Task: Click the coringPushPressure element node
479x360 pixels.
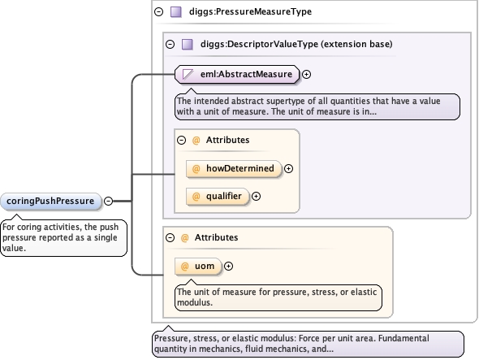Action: point(50,202)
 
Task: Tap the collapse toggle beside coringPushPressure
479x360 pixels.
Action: point(108,201)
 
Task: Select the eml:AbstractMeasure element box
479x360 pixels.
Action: point(237,74)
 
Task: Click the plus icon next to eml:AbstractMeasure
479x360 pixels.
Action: point(306,74)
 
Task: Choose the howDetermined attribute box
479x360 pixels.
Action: point(233,168)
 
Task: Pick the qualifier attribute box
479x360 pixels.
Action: point(218,197)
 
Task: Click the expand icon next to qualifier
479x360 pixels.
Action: point(256,197)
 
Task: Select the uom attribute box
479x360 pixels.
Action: point(198,266)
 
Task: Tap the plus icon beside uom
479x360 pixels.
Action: point(228,266)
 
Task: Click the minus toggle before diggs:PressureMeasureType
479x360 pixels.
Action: point(159,12)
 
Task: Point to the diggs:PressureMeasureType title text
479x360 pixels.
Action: point(251,11)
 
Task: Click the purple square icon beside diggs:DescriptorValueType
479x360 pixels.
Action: point(188,45)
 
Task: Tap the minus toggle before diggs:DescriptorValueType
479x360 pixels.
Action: point(170,45)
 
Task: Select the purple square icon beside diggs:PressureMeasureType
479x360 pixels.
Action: point(176,12)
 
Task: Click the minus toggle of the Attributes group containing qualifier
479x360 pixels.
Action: point(182,140)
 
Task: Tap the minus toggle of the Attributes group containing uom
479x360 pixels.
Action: point(170,237)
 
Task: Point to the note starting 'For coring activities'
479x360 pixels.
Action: point(63,237)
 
